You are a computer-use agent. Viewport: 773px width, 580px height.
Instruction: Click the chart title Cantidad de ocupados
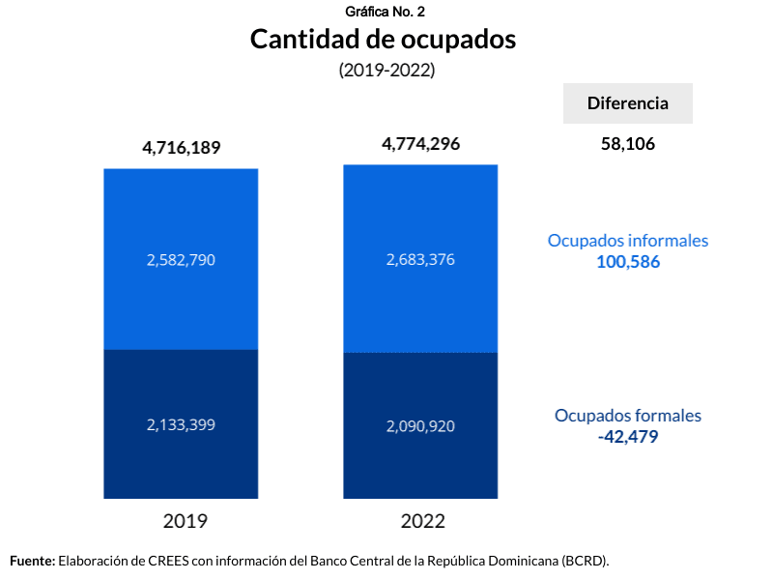pyautogui.click(x=384, y=40)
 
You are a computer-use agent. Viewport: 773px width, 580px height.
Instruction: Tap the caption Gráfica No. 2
pyautogui.click(x=384, y=12)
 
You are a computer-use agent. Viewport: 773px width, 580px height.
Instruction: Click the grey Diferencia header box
pyautogui.click(x=628, y=103)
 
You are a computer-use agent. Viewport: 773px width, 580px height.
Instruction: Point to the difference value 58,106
pyautogui.click(x=628, y=144)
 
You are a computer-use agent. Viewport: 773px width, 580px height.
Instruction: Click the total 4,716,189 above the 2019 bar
pyautogui.click(x=182, y=148)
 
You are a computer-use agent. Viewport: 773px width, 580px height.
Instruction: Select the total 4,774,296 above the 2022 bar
pyautogui.click(x=420, y=144)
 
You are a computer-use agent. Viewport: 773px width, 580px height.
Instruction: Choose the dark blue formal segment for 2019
pyautogui.click(x=182, y=464)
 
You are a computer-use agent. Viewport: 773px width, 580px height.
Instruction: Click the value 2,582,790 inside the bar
pyautogui.click(x=182, y=260)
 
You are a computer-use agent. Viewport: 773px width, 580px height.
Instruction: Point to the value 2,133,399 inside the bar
pyautogui.click(x=182, y=424)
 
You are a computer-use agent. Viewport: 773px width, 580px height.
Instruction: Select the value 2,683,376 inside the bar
pyautogui.click(x=420, y=259)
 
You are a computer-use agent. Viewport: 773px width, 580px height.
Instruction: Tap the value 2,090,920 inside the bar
pyautogui.click(x=420, y=426)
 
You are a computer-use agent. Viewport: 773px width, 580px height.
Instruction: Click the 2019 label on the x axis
pyautogui.click(x=185, y=521)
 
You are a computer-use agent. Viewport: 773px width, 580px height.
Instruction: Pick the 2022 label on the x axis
pyautogui.click(x=422, y=521)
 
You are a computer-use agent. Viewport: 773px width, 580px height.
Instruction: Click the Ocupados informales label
pyautogui.click(x=628, y=241)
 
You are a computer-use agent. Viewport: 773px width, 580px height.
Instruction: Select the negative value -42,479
pyautogui.click(x=628, y=436)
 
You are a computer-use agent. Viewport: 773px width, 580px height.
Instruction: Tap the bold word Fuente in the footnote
pyautogui.click(x=32, y=560)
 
